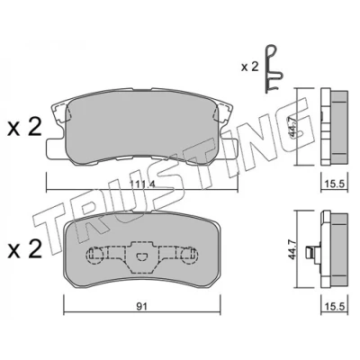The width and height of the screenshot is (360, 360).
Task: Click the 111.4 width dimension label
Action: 142,184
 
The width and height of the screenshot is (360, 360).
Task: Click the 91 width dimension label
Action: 141,307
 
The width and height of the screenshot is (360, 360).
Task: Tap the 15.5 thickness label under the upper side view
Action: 335,184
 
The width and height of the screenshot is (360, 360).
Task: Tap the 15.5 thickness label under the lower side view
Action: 335,306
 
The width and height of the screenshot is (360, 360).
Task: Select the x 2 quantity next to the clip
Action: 249,67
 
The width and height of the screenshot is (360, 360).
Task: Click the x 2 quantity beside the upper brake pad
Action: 25,128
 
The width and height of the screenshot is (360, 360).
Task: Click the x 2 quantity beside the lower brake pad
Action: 25,249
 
